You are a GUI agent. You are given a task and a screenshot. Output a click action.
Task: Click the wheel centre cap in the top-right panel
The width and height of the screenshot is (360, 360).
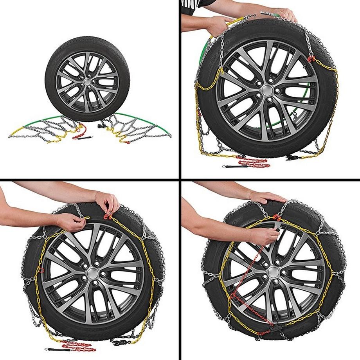pos(267,91)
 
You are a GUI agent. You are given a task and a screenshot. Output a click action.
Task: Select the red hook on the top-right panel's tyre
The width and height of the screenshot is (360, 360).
pos(311,59)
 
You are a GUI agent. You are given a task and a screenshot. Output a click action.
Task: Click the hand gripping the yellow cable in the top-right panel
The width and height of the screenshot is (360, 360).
pos(221,24)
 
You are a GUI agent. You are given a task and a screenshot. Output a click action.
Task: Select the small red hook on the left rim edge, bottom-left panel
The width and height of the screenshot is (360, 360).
pos(41,270)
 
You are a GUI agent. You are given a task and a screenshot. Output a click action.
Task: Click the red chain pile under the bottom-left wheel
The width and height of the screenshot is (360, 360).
pos(78,346)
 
